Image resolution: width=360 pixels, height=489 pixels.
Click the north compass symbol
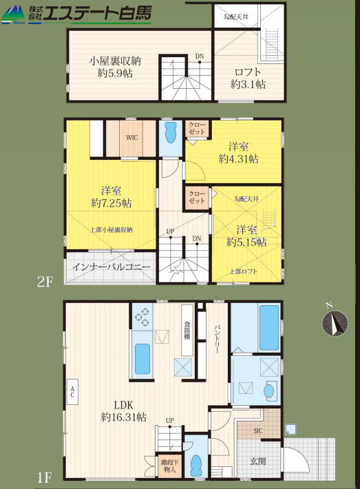coord(335,323)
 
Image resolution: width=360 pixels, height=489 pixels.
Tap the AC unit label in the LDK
coord(72,392)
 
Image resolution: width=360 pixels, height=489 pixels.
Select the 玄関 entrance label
coord(258,461)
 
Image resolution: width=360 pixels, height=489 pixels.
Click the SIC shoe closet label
coord(258,431)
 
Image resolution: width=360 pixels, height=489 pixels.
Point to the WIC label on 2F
coord(131,137)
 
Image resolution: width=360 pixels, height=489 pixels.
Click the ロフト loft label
coord(248,72)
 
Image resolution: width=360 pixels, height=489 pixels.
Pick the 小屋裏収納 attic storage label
coord(116,60)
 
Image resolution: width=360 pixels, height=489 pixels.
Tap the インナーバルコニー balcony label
coord(112,267)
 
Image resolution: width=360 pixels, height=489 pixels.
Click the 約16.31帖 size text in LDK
coord(124,417)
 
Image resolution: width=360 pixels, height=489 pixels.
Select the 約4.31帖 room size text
coord(238,158)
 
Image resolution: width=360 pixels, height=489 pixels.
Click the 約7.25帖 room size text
coord(112,203)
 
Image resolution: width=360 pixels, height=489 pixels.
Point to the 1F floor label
coord(45,477)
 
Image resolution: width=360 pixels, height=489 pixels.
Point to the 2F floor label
coord(45,282)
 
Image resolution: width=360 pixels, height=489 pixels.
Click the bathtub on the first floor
coord(269,327)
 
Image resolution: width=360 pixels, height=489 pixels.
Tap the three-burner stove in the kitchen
coord(142,317)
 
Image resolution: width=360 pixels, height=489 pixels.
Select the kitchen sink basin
coord(142,360)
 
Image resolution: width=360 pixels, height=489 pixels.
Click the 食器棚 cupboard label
coord(187,331)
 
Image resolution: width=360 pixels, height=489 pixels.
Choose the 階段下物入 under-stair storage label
coord(169,466)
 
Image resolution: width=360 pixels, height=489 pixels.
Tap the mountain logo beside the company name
coord(13,15)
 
